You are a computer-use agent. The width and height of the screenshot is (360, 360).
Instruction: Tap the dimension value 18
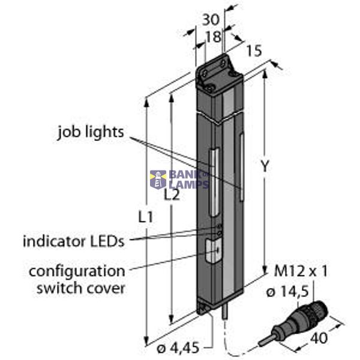(212, 36)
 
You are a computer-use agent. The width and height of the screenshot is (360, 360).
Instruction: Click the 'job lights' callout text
(91, 131)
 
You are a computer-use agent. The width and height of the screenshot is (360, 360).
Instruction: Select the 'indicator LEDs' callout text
(73, 241)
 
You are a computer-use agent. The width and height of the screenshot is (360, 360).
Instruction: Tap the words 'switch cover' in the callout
(80, 288)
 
